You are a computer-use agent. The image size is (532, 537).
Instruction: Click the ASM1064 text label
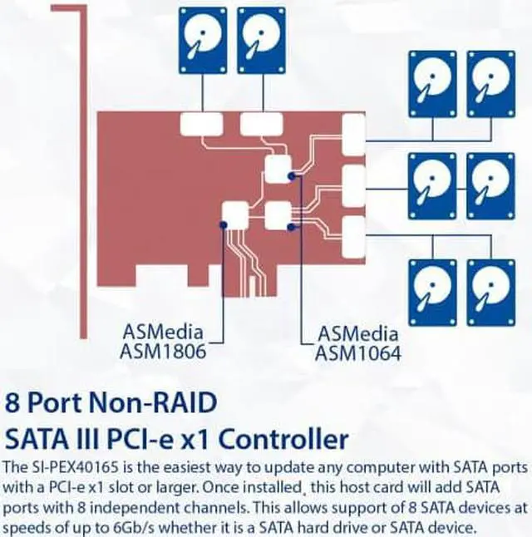[358, 353]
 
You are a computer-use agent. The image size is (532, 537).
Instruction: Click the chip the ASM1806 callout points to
[235, 216]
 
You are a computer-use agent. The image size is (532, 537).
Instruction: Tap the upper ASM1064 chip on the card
[278, 170]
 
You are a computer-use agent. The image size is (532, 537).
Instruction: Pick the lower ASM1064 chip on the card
[278, 215]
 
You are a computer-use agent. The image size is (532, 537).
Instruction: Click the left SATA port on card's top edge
[202, 124]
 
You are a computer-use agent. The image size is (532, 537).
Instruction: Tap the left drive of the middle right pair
[432, 181]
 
